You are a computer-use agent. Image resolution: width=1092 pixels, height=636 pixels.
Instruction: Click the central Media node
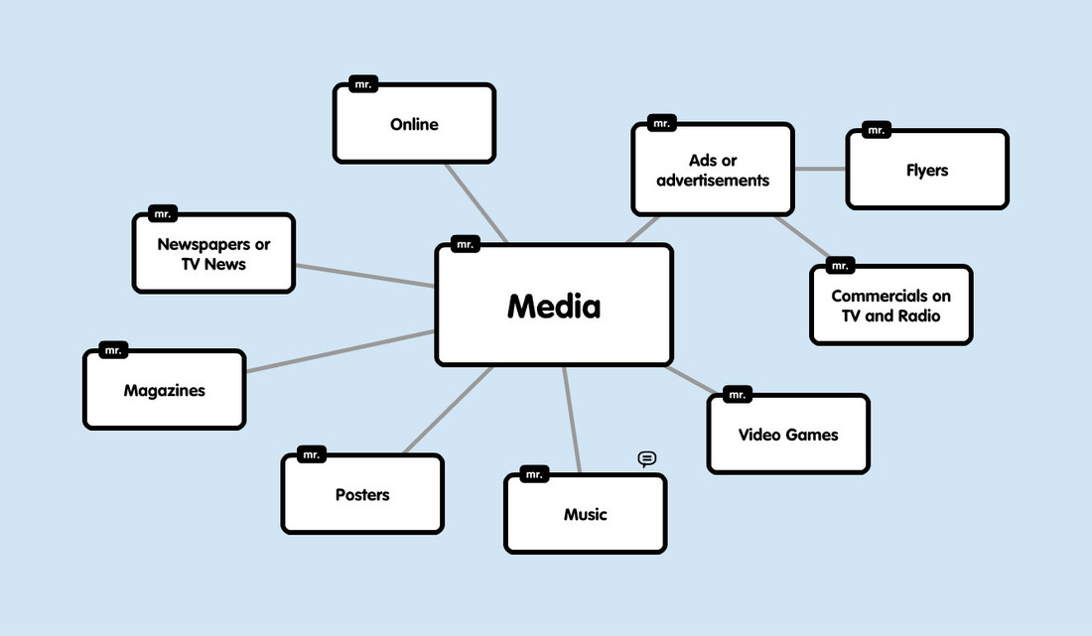(554, 305)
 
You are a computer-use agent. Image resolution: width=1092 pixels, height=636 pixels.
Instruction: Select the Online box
(414, 124)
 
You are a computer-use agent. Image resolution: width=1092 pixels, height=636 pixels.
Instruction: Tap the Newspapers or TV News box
(213, 254)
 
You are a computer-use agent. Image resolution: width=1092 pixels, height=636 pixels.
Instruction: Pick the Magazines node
(164, 390)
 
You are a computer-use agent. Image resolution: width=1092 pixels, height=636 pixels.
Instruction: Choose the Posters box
(362, 494)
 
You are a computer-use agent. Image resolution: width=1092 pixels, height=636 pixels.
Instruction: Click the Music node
(585, 514)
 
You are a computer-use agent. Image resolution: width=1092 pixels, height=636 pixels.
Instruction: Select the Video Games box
(788, 435)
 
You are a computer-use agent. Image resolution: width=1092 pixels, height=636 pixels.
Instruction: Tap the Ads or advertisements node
(713, 170)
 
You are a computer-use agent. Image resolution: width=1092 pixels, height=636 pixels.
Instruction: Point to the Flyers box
(927, 170)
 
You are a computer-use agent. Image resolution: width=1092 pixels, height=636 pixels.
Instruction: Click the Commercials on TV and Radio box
(890, 306)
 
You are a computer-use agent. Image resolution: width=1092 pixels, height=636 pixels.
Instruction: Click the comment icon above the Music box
(647, 458)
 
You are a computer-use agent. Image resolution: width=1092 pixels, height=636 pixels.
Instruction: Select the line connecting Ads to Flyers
(820, 169)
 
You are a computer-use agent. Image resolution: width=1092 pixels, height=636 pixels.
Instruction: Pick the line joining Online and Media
(477, 202)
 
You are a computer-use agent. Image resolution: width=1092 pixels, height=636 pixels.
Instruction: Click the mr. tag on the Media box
(466, 243)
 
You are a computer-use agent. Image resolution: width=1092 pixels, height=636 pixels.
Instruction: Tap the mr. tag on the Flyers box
(876, 130)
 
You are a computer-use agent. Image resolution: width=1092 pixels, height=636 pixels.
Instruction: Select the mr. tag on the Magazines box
(113, 350)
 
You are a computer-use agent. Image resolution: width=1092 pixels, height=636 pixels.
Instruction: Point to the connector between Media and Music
(572, 419)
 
